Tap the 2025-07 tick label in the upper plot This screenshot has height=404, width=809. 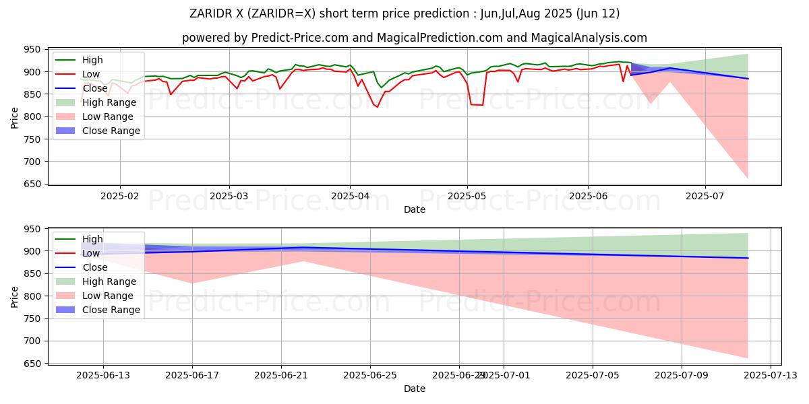[705, 196]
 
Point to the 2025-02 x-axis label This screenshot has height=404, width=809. [120, 196]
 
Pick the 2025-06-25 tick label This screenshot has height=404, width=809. [370, 375]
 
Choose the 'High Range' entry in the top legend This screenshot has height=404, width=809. [110, 102]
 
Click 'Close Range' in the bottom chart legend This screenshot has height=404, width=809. [111, 310]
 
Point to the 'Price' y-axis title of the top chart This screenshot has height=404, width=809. [15, 117]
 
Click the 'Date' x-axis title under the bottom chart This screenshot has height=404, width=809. [414, 389]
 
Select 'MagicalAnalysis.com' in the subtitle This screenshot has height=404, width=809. [588, 38]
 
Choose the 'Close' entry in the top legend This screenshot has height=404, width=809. [94, 88]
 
